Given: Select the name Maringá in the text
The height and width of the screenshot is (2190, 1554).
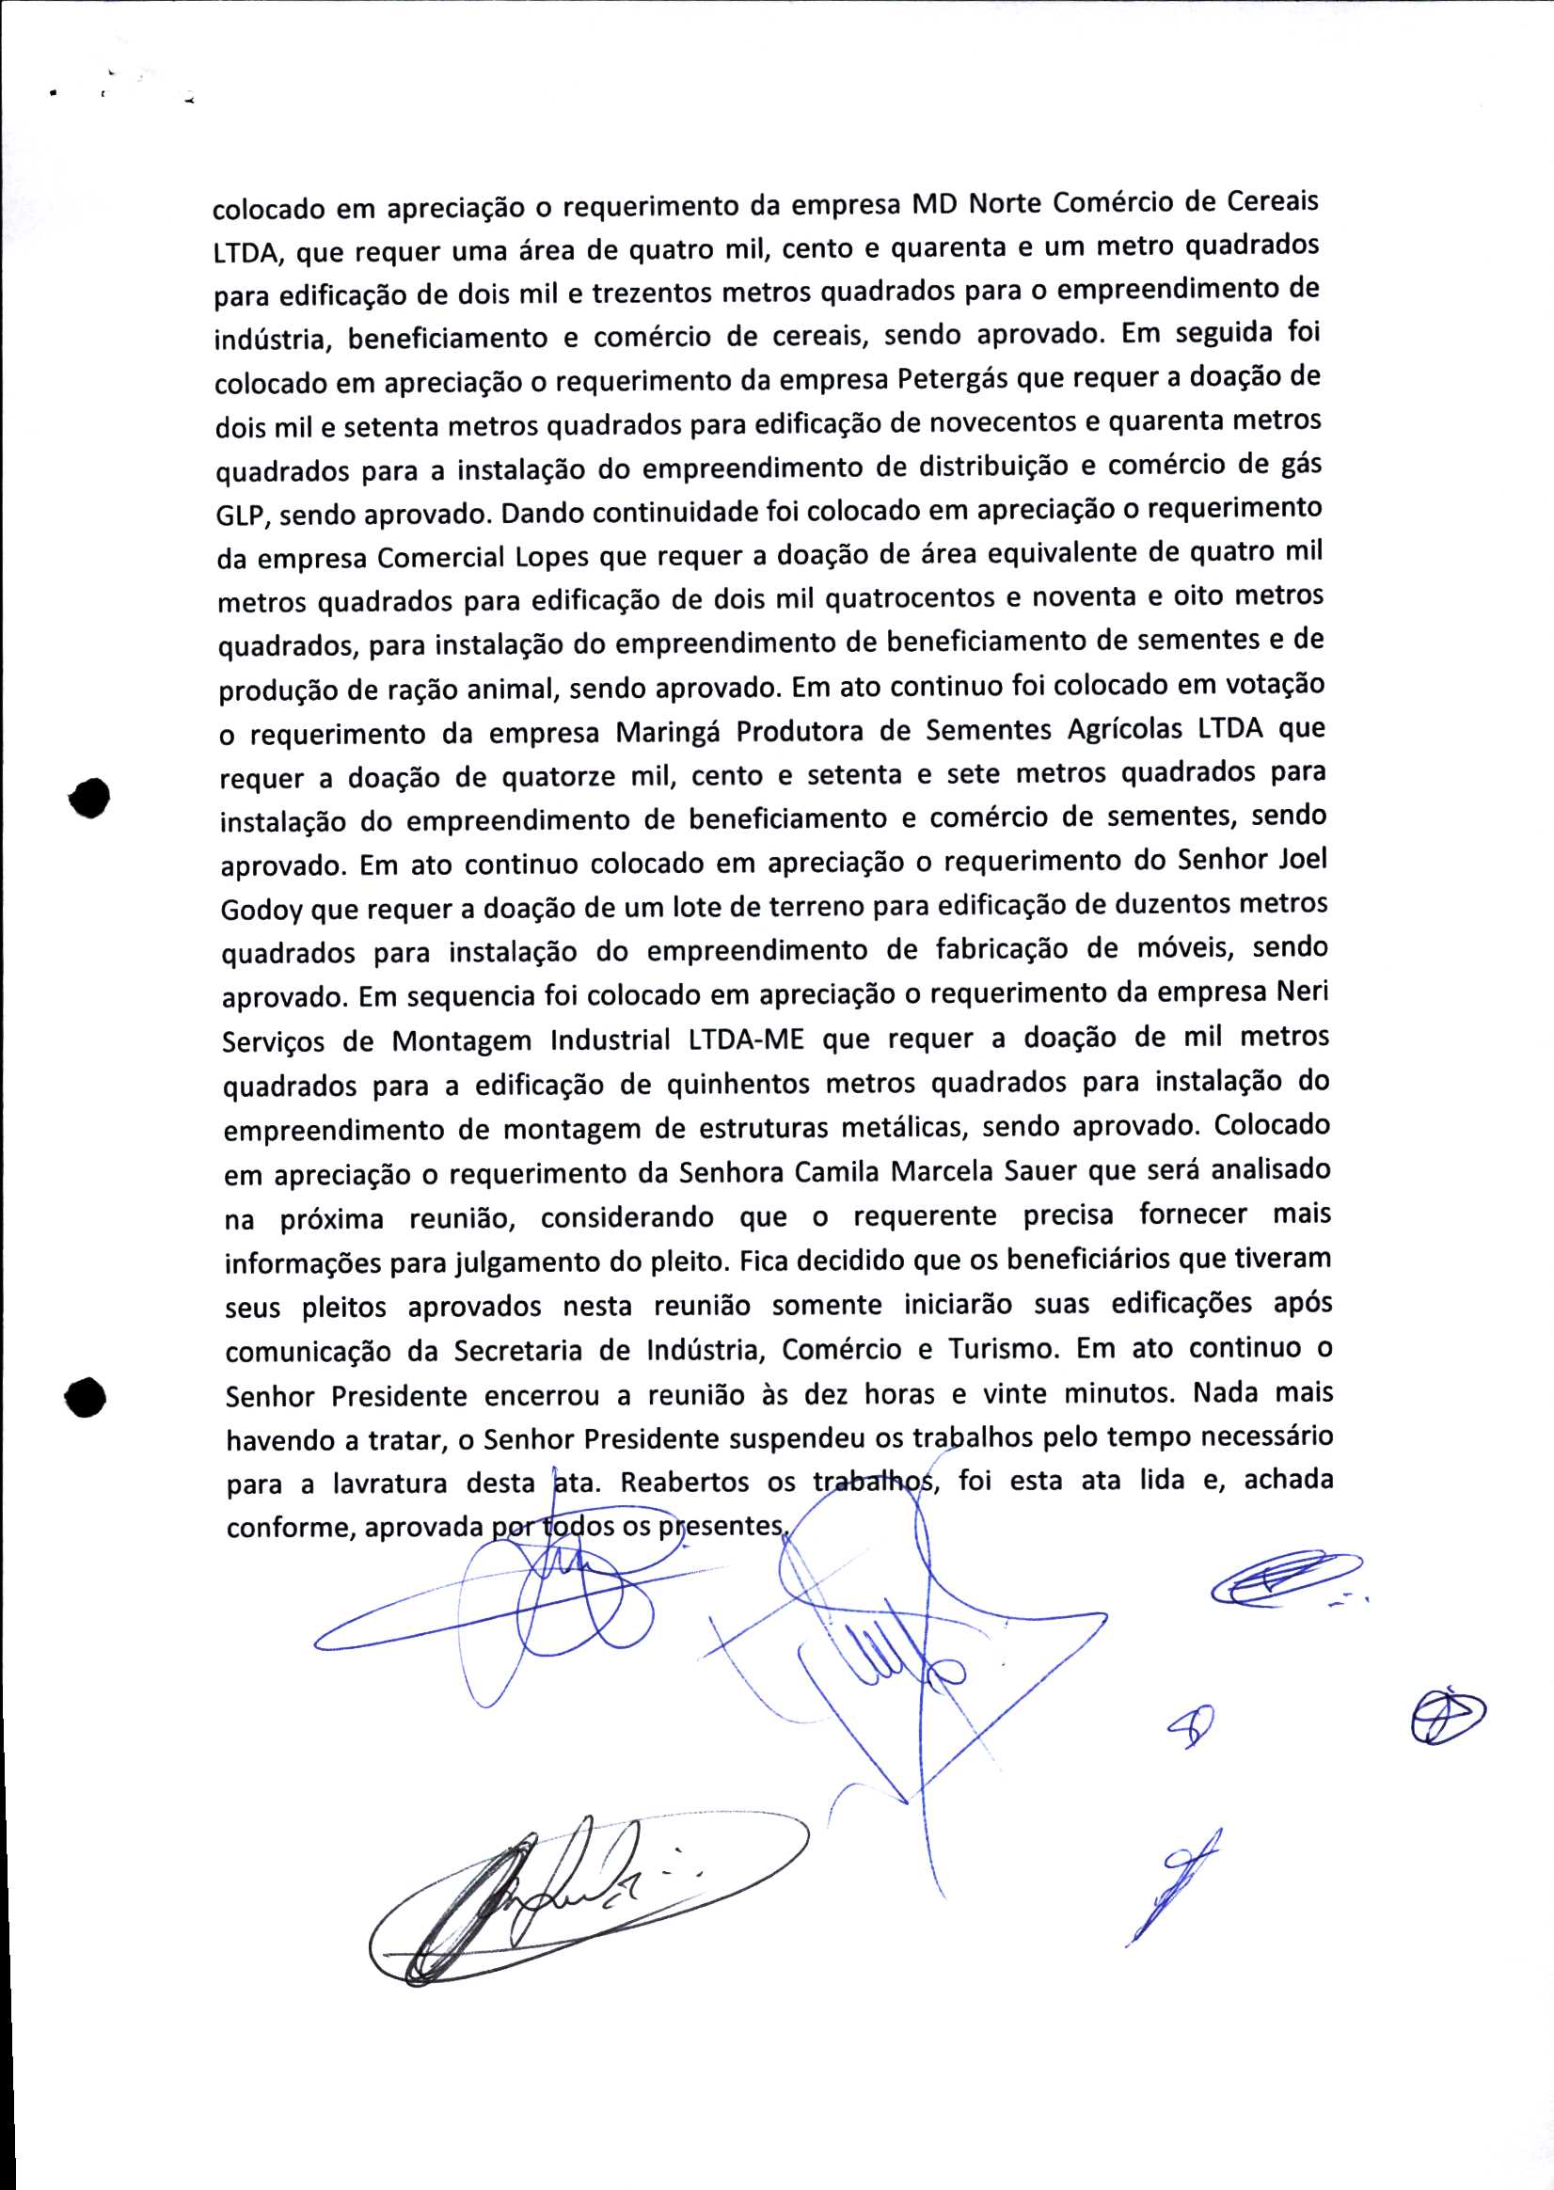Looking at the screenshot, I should click(669, 733).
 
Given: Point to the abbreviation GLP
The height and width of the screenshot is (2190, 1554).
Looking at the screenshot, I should click(243, 516).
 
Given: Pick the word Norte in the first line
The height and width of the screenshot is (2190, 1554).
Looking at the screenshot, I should click(1006, 204).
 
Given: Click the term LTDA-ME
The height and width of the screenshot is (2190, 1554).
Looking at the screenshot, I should click(745, 1040).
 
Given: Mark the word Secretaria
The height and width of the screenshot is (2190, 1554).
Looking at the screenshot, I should click(517, 1351).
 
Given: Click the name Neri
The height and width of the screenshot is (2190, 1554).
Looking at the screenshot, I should click(1302, 992).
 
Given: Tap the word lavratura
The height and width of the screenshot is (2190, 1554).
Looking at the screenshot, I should click(389, 1484).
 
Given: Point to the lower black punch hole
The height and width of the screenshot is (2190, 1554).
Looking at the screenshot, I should click(86, 1398).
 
